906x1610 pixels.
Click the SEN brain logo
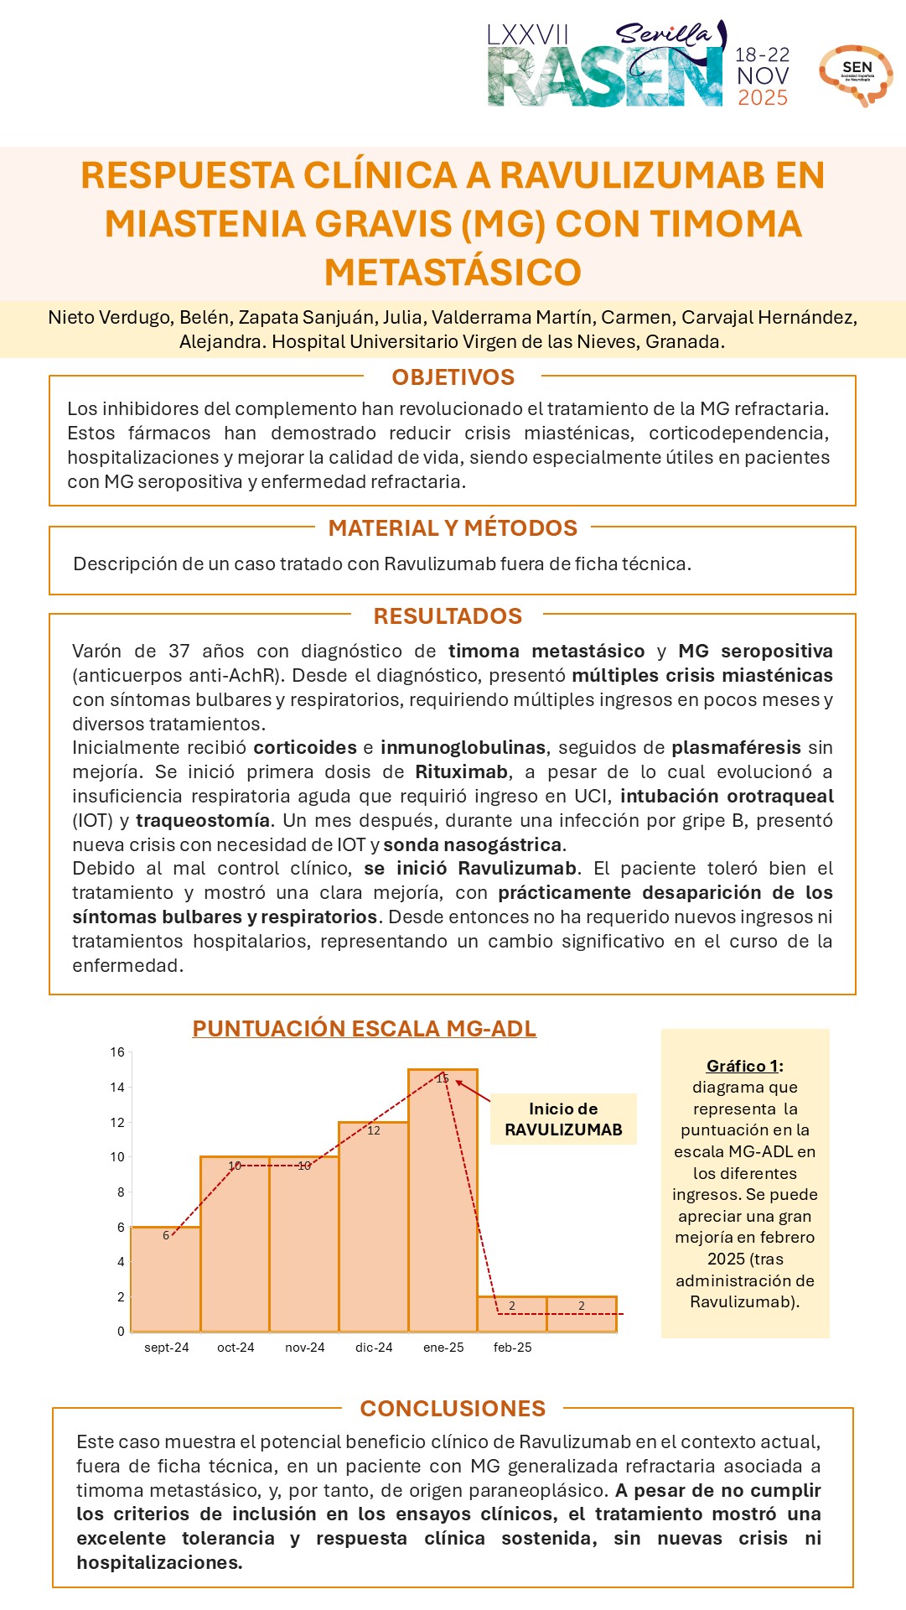tap(856, 75)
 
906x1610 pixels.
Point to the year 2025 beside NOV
tap(763, 98)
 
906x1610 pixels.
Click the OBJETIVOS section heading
tap(453, 377)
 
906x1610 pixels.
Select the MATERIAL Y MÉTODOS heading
tap(453, 528)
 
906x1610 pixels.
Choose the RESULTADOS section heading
tap(448, 616)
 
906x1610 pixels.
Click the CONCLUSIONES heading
tap(453, 1409)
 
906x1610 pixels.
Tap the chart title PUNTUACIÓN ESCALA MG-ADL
tap(364, 1029)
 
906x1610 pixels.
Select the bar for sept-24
tap(166, 1279)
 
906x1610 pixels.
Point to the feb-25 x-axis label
tap(512, 1348)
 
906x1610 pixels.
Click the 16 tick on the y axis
tap(117, 1052)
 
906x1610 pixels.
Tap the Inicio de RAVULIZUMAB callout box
tap(563, 1119)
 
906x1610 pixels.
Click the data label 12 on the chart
tap(374, 1130)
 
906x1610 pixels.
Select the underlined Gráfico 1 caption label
tap(743, 1066)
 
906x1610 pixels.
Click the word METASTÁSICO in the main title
tap(453, 273)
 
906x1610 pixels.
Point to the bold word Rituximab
tap(462, 771)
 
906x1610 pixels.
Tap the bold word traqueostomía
tap(203, 820)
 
